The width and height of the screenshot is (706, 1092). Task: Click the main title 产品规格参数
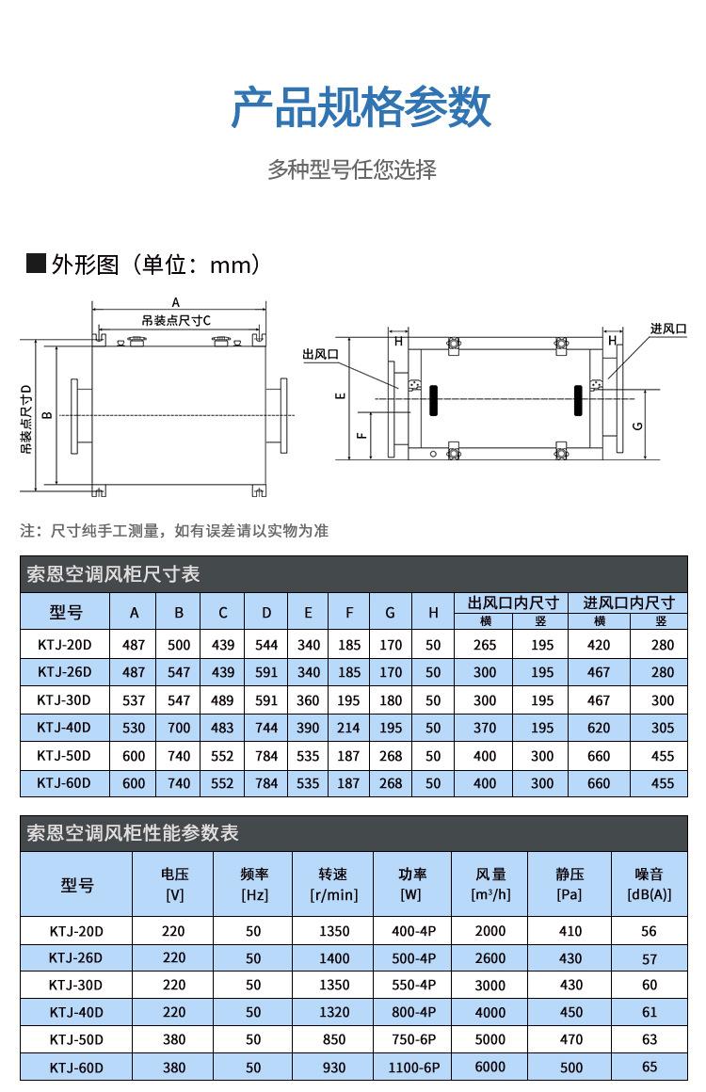(x=361, y=106)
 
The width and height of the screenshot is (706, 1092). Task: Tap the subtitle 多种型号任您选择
(x=352, y=169)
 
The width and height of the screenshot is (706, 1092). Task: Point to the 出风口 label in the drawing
(x=320, y=354)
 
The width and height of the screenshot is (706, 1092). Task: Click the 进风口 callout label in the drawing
(x=667, y=329)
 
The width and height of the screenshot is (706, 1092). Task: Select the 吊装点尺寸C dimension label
(x=176, y=320)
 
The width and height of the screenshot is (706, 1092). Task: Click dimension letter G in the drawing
(x=637, y=426)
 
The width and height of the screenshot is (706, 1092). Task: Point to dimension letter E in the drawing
(x=343, y=395)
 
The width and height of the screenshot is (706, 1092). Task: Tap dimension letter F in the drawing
(x=361, y=436)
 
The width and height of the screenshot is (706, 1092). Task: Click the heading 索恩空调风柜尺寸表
(x=114, y=574)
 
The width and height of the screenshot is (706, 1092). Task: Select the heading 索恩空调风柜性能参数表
(x=133, y=833)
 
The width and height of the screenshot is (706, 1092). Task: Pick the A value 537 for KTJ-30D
(x=135, y=700)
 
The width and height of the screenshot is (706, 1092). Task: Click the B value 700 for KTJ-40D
(x=179, y=728)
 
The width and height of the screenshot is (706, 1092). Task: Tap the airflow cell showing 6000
(x=490, y=1068)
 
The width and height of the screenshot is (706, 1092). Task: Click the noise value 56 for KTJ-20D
(x=649, y=931)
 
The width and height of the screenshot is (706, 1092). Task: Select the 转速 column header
(x=333, y=884)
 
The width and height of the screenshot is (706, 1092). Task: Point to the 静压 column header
(x=570, y=884)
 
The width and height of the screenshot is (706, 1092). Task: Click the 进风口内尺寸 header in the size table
(x=629, y=602)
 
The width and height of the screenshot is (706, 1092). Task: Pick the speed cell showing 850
(x=333, y=1040)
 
